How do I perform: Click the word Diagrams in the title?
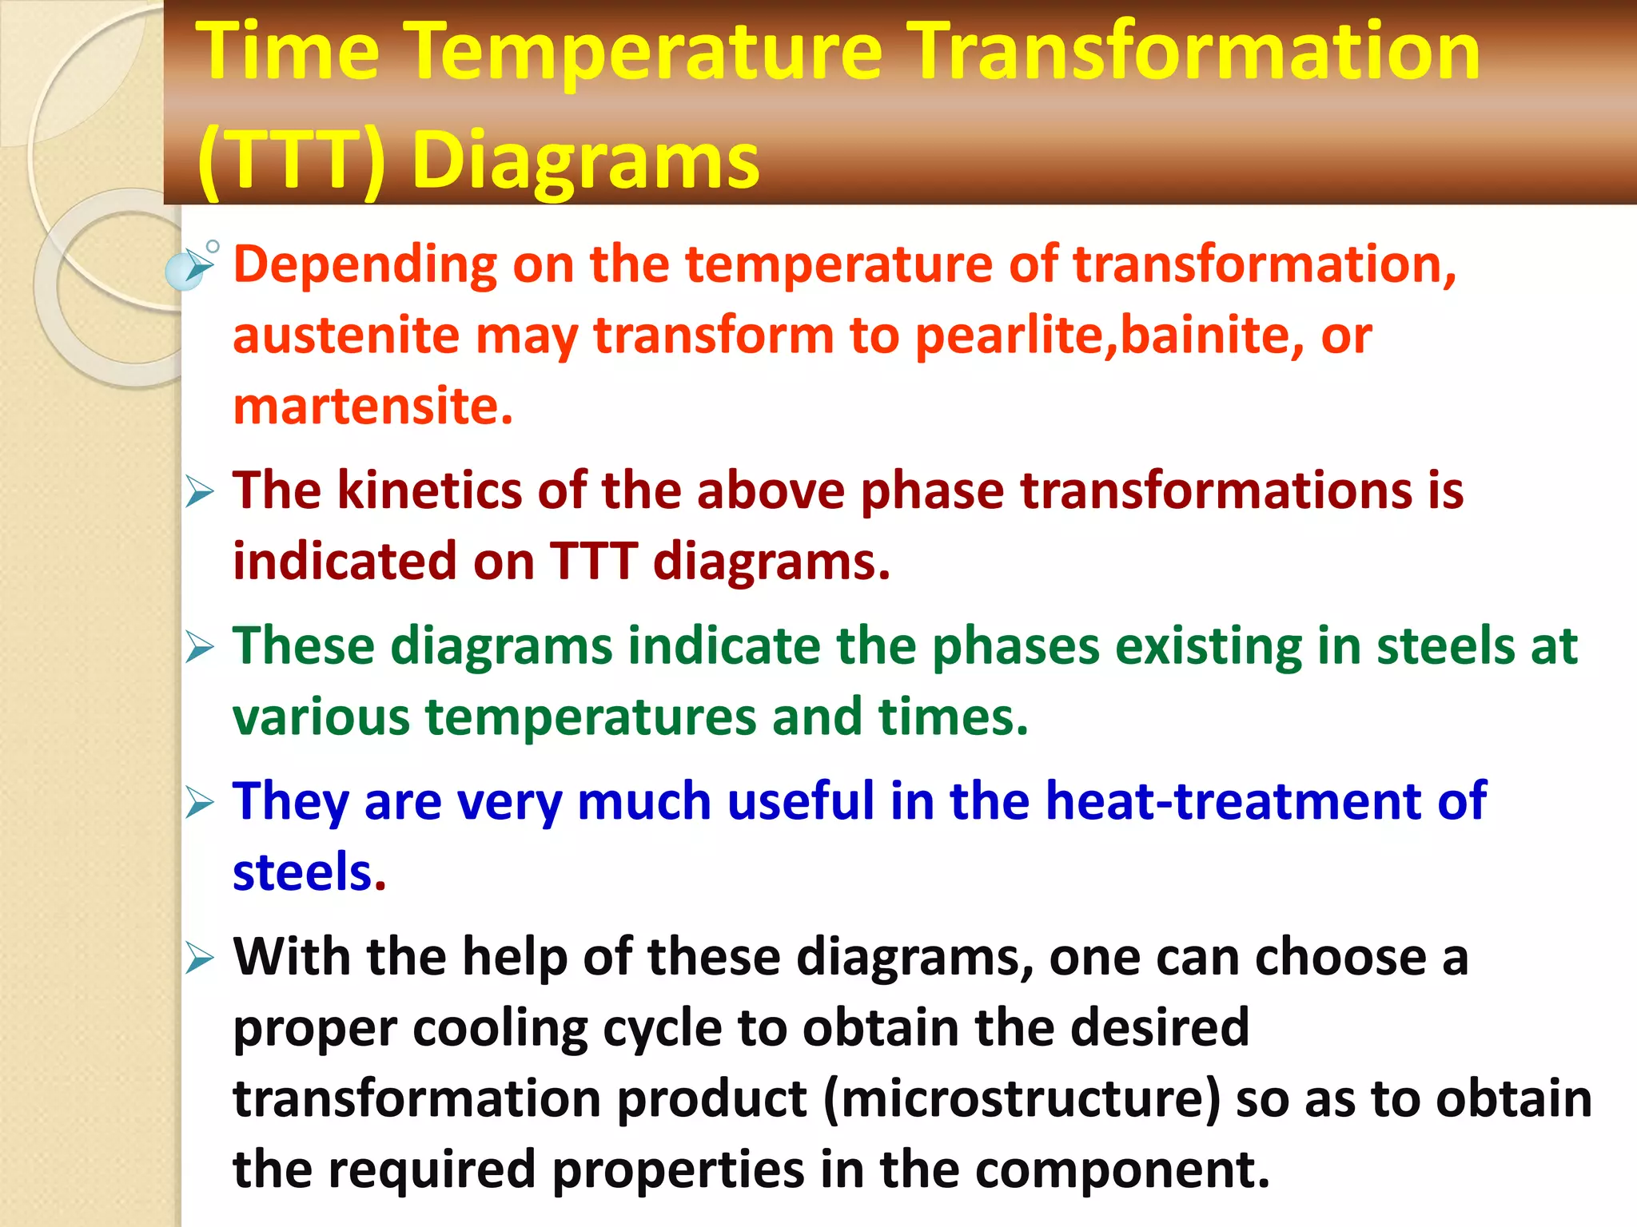(585, 162)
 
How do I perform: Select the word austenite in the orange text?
(345, 336)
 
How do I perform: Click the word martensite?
(372, 407)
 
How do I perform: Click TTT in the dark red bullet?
(593, 561)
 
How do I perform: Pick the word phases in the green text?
(1015, 645)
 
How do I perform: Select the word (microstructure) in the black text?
(1022, 1098)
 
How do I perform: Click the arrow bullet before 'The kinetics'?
(199, 491)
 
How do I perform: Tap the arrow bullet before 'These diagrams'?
(199, 647)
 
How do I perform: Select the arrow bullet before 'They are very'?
(199, 802)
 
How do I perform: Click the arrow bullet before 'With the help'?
(199, 958)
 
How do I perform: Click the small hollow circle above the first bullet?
(213, 247)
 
